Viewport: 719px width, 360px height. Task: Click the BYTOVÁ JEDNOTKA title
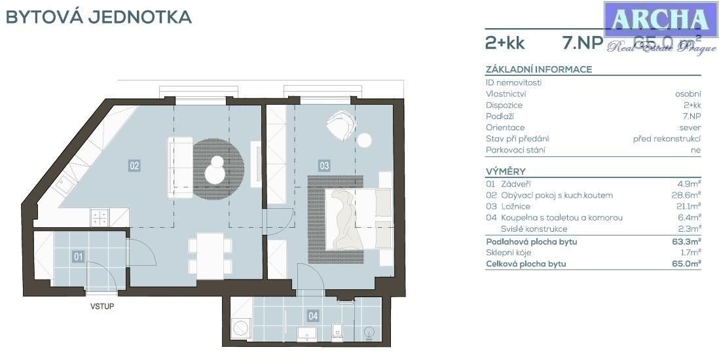(98, 17)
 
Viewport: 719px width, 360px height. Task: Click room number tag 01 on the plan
(78, 257)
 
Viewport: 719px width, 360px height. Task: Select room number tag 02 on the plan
(134, 166)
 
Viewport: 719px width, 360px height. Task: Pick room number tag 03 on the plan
(323, 166)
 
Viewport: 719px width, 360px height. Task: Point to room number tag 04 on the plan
(313, 316)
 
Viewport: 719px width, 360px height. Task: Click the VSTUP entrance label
(101, 306)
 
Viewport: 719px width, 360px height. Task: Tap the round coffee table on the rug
(215, 173)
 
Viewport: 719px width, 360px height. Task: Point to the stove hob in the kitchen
(100, 217)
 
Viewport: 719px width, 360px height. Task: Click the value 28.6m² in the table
(689, 195)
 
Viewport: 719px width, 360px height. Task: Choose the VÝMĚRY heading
(506, 171)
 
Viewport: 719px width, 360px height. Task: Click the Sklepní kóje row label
(508, 253)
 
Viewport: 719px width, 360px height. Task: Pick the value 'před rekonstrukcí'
(667, 139)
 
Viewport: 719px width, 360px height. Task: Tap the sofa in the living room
(179, 167)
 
